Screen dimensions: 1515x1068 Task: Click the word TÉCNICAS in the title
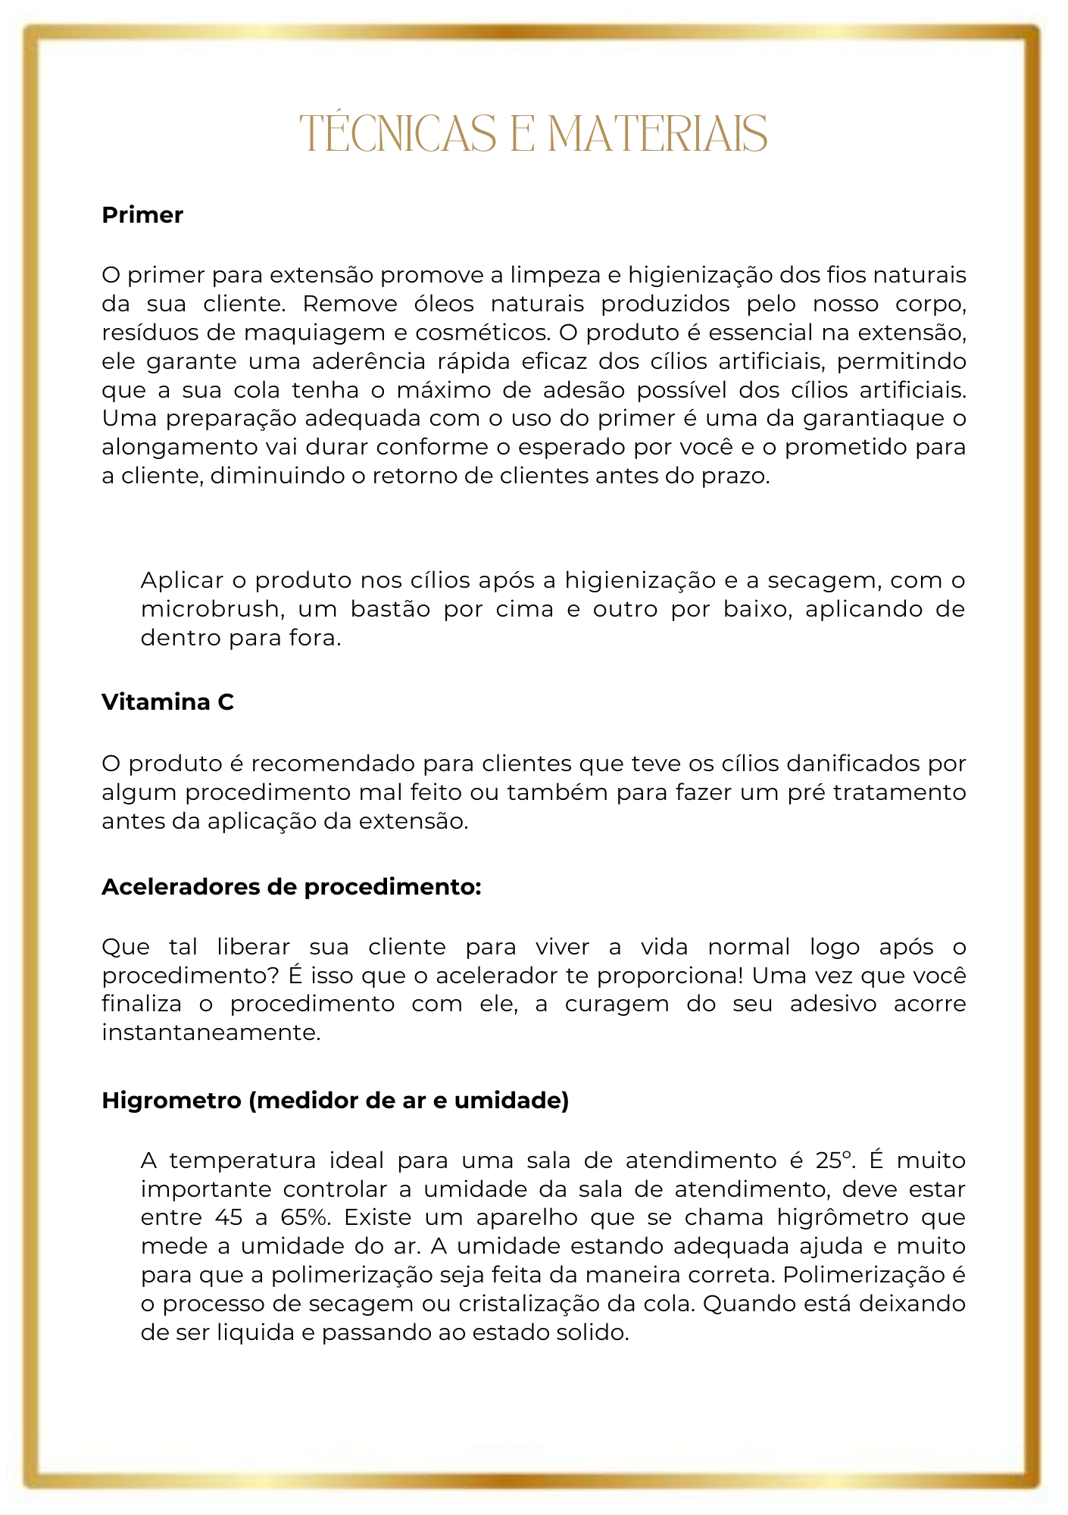click(x=398, y=134)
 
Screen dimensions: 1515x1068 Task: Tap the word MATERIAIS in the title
click(x=657, y=134)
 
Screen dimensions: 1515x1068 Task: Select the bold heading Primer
click(x=142, y=215)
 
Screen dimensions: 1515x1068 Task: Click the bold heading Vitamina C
click(x=167, y=702)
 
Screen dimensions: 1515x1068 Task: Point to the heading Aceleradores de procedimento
click(x=291, y=886)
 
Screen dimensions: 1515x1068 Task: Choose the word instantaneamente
click(x=211, y=1032)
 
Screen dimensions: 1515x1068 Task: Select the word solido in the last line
click(x=598, y=1333)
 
